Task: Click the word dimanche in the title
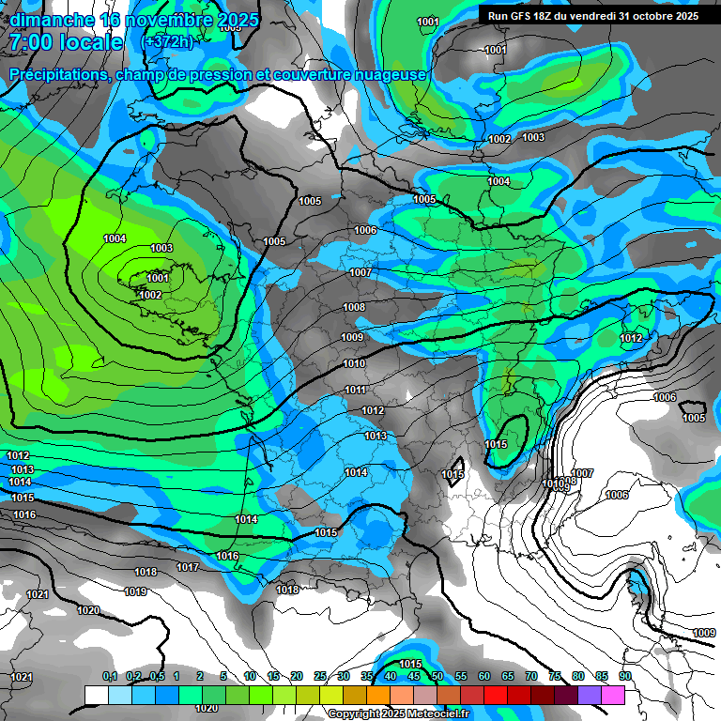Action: tap(51, 20)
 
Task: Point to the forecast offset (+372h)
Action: tap(167, 42)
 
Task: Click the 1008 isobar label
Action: tap(354, 308)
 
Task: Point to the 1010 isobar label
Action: tap(354, 364)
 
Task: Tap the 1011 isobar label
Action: tap(355, 391)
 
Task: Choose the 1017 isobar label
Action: tap(188, 568)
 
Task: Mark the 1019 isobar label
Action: tap(135, 592)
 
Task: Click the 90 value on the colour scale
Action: tap(624, 676)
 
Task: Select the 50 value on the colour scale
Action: tap(437, 676)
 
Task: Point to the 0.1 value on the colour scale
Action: tap(110, 676)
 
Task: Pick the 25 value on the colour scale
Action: tap(320, 676)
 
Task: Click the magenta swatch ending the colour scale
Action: tap(613, 695)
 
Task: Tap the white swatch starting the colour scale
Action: tap(96, 695)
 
